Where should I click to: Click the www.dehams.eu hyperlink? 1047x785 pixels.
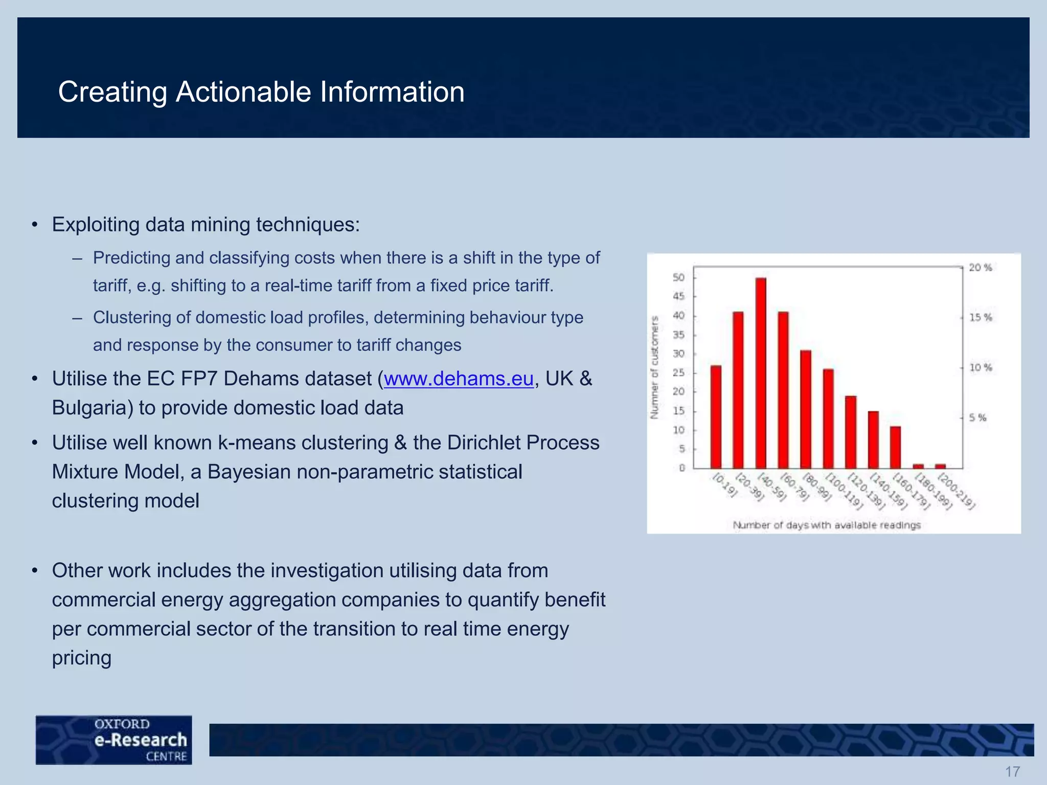pyautogui.click(x=459, y=379)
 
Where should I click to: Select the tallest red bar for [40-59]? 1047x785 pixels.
pyautogui.click(x=761, y=373)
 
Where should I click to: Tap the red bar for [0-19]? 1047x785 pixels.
pyautogui.click(x=716, y=417)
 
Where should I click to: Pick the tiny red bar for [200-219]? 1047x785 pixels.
pyautogui.click(x=941, y=466)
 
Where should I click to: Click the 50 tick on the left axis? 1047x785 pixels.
pyautogui.click(x=678, y=278)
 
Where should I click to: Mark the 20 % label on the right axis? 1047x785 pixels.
pyautogui.click(x=980, y=267)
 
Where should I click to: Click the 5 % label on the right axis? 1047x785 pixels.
pyautogui.click(x=977, y=418)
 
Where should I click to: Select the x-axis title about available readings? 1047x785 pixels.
pyautogui.click(x=827, y=525)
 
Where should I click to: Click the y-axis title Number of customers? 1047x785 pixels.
pyautogui.click(x=654, y=367)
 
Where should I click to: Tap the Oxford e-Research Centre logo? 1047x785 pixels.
pyautogui.click(x=114, y=740)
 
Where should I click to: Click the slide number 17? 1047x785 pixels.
pyautogui.click(x=1012, y=771)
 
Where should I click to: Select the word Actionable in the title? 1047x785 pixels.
pyautogui.click(x=243, y=92)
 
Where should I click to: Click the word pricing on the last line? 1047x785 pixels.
pyautogui.click(x=82, y=657)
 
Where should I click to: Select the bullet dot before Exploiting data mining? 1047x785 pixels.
pyautogui.click(x=35, y=225)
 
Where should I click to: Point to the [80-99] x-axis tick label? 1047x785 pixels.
pyautogui.click(x=816, y=487)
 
